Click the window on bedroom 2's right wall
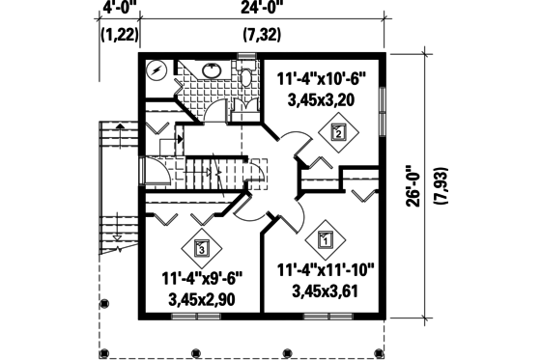pyautogui.click(x=384, y=102)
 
